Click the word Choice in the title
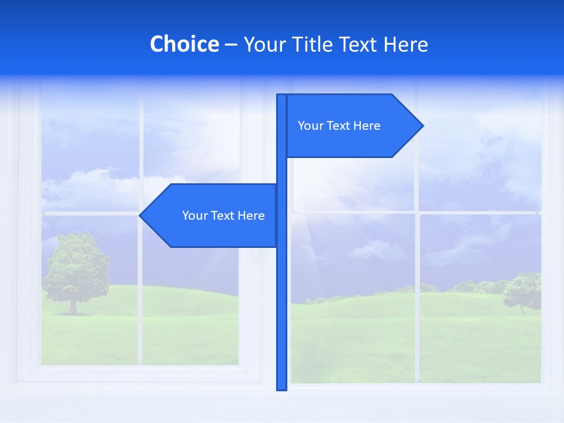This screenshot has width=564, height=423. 184,44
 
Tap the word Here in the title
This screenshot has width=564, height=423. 405,44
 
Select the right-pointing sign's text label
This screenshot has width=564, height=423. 339,126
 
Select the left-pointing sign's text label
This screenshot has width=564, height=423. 223,216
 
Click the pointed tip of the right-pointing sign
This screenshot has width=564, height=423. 422,126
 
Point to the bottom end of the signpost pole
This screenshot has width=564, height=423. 282,388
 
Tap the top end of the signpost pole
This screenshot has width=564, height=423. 281,96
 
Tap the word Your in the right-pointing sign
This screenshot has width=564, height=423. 310,126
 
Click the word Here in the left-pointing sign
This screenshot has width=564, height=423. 251,216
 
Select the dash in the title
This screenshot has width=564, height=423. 231,45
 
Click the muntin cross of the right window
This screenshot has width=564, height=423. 417,213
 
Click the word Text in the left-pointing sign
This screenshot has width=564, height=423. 223,216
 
